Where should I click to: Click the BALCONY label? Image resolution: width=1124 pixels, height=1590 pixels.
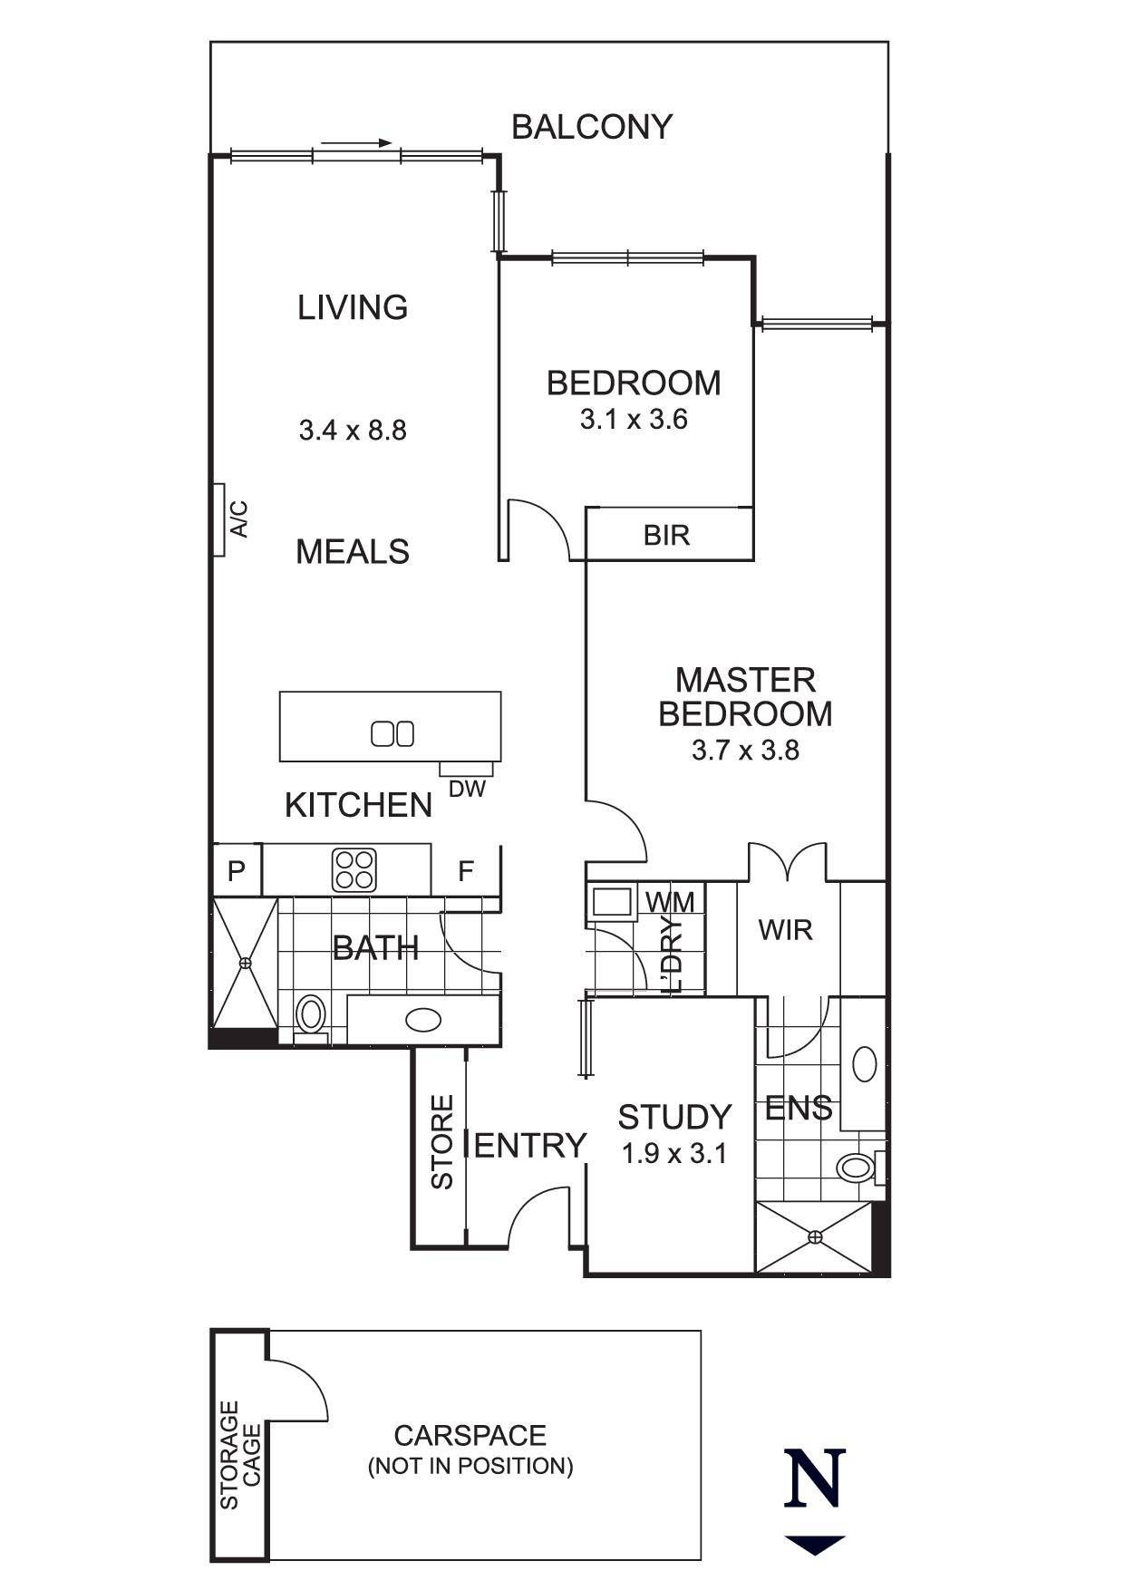[592, 127]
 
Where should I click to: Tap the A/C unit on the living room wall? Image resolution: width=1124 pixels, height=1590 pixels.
[218, 519]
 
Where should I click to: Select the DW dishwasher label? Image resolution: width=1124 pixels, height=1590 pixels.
[468, 789]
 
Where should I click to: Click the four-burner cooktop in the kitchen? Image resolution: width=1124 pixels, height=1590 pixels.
[354, 868]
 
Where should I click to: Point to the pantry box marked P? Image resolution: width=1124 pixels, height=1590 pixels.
[237, 870]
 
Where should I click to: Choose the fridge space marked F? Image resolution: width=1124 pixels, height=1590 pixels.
[466, 871]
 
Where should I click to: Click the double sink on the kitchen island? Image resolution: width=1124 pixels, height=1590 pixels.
[392, 732]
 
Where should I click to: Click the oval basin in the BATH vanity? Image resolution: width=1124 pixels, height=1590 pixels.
[422, 1020]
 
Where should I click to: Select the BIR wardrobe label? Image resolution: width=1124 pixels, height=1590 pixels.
[667, 535]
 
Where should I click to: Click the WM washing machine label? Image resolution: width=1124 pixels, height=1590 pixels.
[670, 902]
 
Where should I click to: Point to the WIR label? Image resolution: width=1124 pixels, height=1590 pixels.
[786, 929]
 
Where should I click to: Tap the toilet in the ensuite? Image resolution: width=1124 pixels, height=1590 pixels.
[857, 1166]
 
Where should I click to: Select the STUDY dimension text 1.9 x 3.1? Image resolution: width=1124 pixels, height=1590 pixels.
[674, 1154]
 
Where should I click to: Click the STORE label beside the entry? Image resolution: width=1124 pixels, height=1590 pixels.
[441, 1141]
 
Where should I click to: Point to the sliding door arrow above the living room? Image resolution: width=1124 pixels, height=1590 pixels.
[356, 142]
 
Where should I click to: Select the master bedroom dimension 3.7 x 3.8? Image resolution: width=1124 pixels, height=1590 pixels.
[745, 751]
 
